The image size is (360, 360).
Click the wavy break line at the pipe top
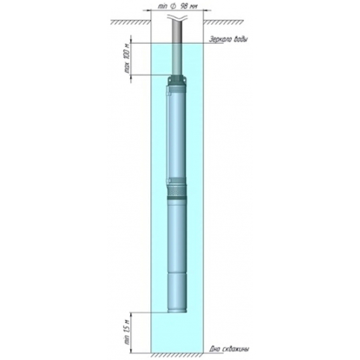pos(179,20)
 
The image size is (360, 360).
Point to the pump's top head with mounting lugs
pos(179,82)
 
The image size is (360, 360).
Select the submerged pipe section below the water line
pos(179,59)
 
